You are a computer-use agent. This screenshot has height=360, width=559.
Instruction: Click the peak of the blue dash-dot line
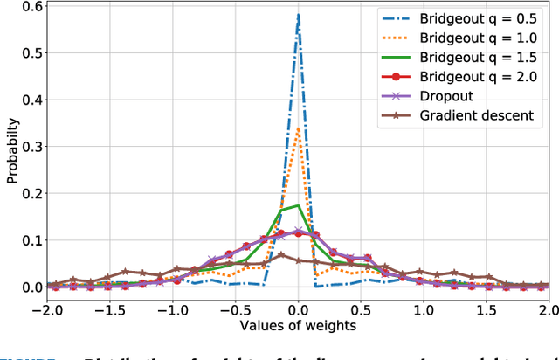pyautogui.click(x=298, y=14)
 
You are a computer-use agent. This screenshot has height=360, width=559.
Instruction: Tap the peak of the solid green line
pyautogui.click(x=298, y=205)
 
